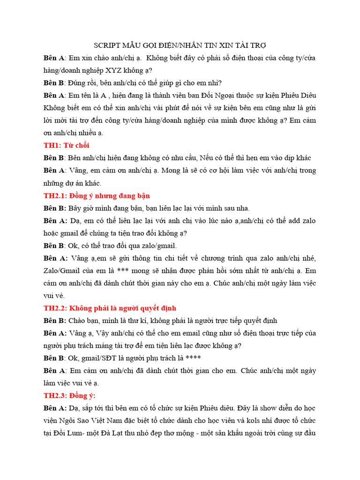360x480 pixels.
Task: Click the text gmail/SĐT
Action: [102, 358]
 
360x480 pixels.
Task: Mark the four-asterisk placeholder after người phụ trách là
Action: [194, 358]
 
